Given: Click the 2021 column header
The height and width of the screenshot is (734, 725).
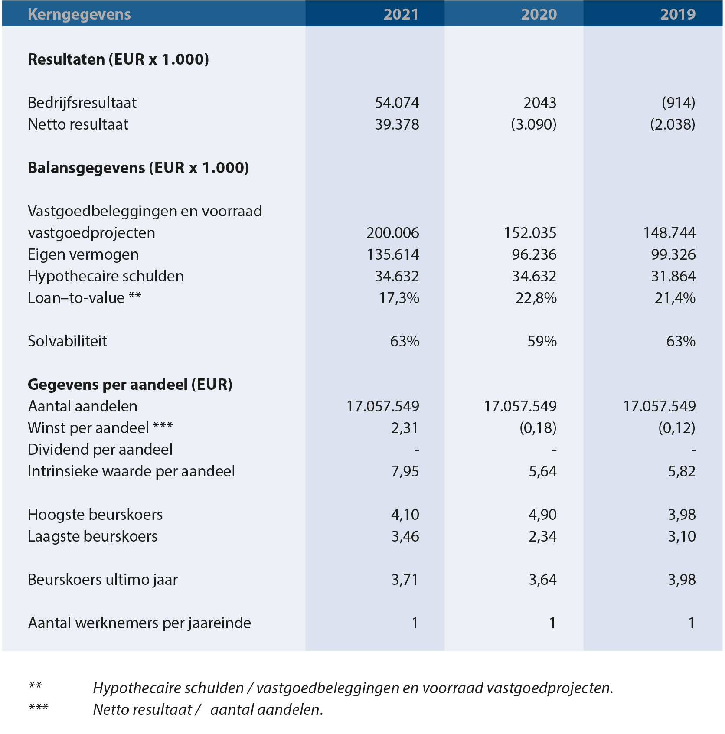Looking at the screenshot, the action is [401, 14].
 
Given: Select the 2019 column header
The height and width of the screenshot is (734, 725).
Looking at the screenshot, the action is [678, 14].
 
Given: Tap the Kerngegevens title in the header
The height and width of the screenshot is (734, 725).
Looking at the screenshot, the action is [79, 14].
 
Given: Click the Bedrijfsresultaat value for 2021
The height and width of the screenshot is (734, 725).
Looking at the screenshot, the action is [397, 103].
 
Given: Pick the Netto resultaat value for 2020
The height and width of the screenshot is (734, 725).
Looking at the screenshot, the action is [534, 124].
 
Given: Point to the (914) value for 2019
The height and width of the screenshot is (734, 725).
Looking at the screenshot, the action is [679, 103].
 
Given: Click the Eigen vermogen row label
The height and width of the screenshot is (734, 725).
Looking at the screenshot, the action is [83, 255].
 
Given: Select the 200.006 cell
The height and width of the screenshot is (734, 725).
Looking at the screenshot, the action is [393, 233].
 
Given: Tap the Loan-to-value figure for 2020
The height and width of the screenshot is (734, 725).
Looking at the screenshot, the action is [536, 298].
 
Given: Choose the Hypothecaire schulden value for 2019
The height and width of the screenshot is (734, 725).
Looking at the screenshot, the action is [673, 276].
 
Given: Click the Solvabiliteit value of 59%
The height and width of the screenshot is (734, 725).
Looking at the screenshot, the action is [542, 341].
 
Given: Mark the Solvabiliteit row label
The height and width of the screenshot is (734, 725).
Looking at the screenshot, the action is [68, 341].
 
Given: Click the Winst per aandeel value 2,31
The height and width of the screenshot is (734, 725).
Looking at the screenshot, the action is [405, 428].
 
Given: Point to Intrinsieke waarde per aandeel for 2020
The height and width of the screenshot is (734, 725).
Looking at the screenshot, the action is [542, 471].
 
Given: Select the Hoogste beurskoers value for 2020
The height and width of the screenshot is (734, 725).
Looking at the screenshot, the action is [542, 515].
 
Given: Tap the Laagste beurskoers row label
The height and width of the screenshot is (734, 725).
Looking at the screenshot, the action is [93, 537].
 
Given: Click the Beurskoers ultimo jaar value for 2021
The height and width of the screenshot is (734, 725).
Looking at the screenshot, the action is [405, 580].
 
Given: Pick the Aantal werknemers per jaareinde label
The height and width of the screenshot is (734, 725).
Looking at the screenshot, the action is [140, 623].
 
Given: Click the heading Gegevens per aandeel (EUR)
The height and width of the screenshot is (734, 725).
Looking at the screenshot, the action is [130, 385].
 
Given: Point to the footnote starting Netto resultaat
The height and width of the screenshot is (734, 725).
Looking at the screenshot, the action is [208, 710].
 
